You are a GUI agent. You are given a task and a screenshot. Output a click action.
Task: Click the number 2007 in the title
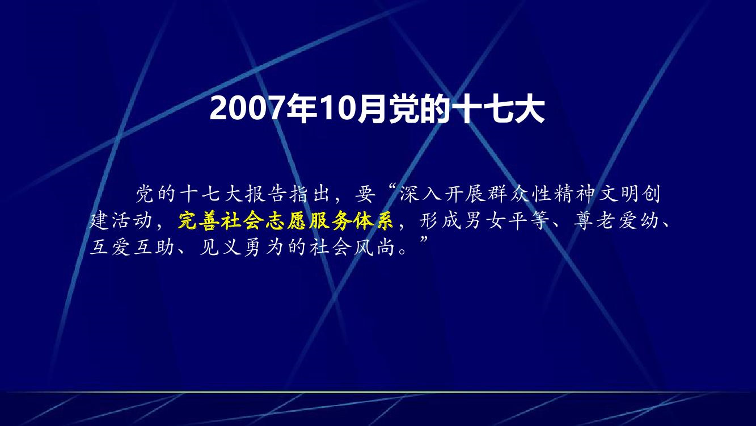pos(247,108)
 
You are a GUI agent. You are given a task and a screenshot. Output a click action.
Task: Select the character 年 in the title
pos(301,108)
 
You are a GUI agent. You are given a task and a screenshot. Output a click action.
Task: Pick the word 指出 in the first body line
pos(310,194)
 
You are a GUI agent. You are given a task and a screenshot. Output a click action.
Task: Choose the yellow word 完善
pos(199,221)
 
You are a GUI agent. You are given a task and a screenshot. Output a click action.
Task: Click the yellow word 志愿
pos(286,221)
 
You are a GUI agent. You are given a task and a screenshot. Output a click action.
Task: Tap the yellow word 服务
pos(330,221)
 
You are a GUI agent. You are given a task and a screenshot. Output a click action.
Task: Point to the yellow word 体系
pos(373,221)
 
